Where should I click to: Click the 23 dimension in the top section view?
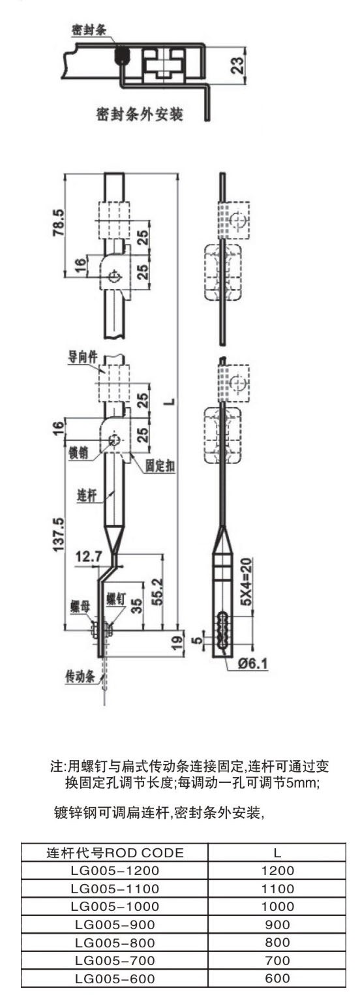239,65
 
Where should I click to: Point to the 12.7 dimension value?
88,556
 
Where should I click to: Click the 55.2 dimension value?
157,591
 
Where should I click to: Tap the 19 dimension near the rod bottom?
176,642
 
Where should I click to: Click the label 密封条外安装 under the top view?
140,114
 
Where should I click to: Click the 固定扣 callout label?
160,466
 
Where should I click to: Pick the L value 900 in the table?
277,925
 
